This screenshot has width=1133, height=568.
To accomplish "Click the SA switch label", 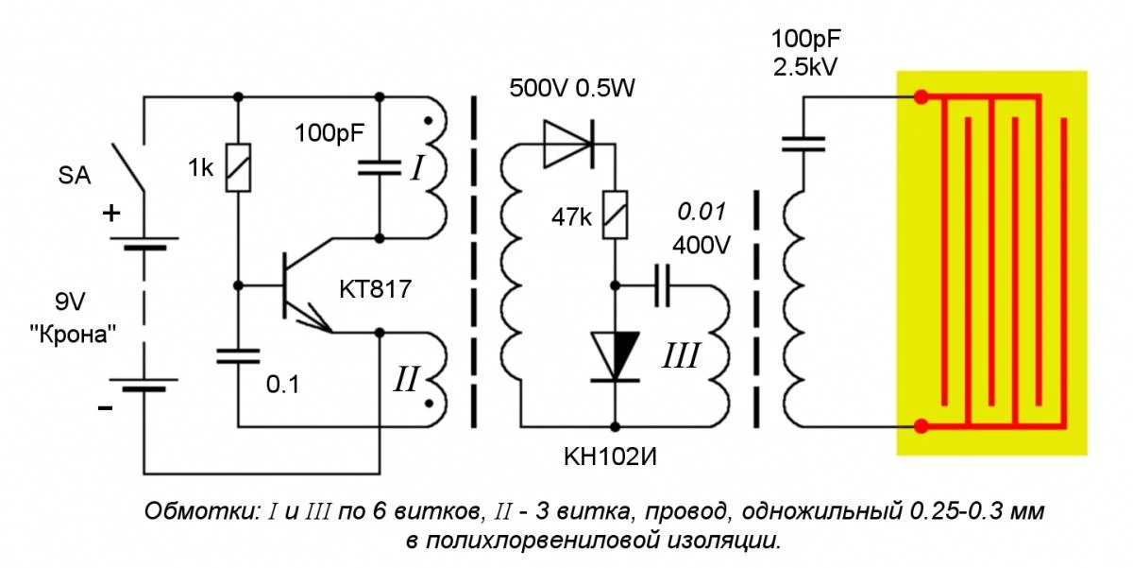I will coord(76,175).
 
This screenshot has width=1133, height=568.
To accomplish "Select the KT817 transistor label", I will coord(375,289).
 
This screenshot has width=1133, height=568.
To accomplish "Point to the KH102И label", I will coord(612,458).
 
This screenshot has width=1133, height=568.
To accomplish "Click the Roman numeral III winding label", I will coord(680,356).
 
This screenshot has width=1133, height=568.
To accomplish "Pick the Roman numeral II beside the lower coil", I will coord(406,380).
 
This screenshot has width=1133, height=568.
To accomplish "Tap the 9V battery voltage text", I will coord(71,303).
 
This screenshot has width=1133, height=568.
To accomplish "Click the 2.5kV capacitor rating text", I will coord(804,67).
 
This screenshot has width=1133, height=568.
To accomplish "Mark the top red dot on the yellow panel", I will coord(921,96).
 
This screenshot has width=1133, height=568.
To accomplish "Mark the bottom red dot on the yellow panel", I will coord(921,426).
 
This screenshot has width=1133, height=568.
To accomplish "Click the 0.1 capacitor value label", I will coord(283,385).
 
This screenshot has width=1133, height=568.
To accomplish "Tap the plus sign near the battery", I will coord(110,214).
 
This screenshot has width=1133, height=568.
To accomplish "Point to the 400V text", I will coord(702,245).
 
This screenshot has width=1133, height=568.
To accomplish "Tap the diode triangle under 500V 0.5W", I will coord(567,143).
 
